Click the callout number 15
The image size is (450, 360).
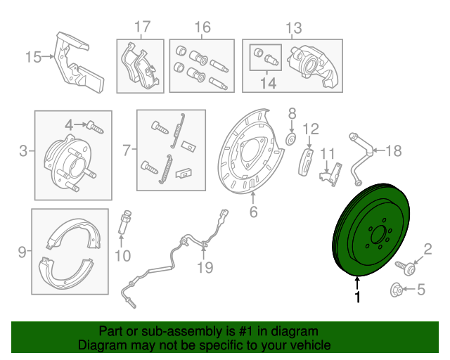click(33, 57)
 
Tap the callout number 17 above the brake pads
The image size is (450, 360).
click(143, 28)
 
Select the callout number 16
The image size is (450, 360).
click(202, 28)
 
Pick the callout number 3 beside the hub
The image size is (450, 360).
click(23, 151)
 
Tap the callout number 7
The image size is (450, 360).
click(127, 149)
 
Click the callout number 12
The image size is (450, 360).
click(311, 129)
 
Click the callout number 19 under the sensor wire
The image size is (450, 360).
click(204, 267)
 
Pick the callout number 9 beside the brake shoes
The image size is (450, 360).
click(21, 251)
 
